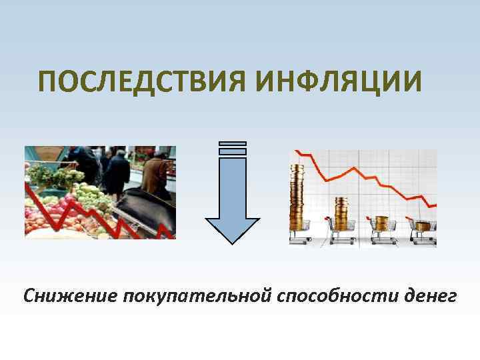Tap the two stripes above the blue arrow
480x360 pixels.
232,148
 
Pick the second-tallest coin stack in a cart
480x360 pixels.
342,209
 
